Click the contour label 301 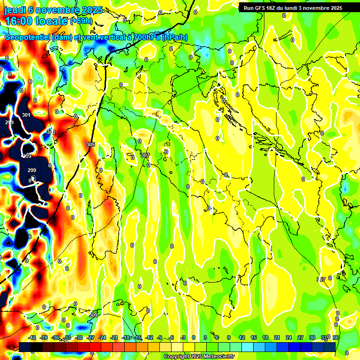(x=26, y=115)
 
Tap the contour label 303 (x=51, y=132)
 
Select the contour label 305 (x=90, y=144)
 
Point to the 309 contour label (x=93, y=315)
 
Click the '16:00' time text (x=20, y=21)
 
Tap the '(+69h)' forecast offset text (x=81, y=21)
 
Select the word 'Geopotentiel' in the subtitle (x=27, y=37)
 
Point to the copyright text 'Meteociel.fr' (x=218, y=357)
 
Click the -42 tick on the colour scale (x=32, y=337)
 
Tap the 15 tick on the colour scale (x=254, y=337)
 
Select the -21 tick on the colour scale (x=114, y=337)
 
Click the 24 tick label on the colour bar (x=288, y=337)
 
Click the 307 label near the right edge (x=321, y=279)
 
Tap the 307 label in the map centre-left (x=145, y=155)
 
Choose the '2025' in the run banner (x=334, y=8)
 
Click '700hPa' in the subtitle (x=145, y=37)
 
